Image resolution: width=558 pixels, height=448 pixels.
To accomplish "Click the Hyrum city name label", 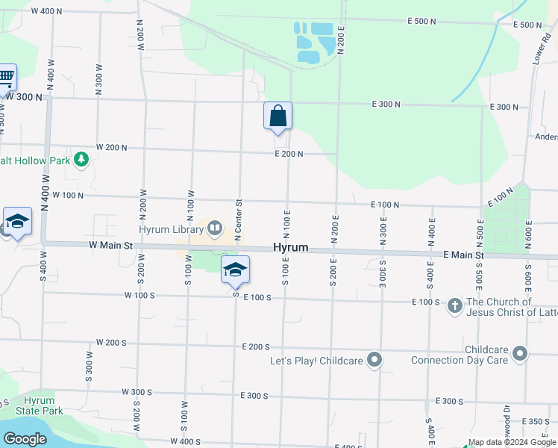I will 291,247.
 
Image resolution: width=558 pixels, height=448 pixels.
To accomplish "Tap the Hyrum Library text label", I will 172,228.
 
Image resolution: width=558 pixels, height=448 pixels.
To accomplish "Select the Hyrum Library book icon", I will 214,228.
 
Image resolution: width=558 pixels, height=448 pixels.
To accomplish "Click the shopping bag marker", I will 278,116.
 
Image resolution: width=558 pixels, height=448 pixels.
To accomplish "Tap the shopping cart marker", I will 6,76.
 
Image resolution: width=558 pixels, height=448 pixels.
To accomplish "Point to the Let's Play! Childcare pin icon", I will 374,361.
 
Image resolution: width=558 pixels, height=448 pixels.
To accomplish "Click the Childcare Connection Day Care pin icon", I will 520,354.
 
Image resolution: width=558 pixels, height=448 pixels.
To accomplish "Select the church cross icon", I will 454,305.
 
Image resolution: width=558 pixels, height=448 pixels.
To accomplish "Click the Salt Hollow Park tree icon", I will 81,160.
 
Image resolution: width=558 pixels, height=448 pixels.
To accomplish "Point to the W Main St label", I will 110,244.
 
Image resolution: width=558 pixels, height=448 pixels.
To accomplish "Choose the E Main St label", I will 463,255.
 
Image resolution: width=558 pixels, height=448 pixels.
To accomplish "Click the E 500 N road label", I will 421,22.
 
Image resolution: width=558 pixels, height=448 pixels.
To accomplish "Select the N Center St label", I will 239,221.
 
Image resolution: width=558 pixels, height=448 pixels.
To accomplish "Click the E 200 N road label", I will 289,154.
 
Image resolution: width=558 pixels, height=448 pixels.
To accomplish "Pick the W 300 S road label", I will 137,392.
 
